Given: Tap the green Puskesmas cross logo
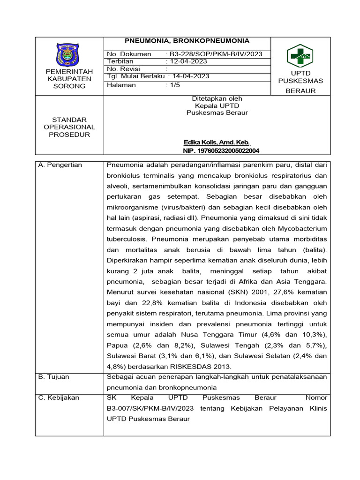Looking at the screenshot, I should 300,56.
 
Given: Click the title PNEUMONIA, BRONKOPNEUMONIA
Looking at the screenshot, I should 186,41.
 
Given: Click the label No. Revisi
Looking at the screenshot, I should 124,69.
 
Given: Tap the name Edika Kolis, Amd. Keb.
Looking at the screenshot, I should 217,142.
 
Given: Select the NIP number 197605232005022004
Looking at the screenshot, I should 221,150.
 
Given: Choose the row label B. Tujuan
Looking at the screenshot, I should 55,376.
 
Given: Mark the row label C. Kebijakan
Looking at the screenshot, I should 60,397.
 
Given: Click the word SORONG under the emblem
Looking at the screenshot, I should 69,86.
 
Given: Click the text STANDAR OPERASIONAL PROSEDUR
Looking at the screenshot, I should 69,127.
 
